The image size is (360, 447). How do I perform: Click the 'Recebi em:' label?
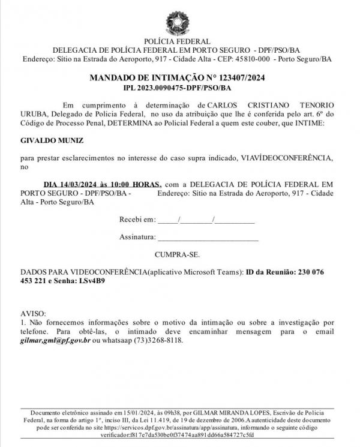point(138,220)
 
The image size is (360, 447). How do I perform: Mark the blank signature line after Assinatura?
point(208,238)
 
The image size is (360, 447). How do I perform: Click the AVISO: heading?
point(33,314)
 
